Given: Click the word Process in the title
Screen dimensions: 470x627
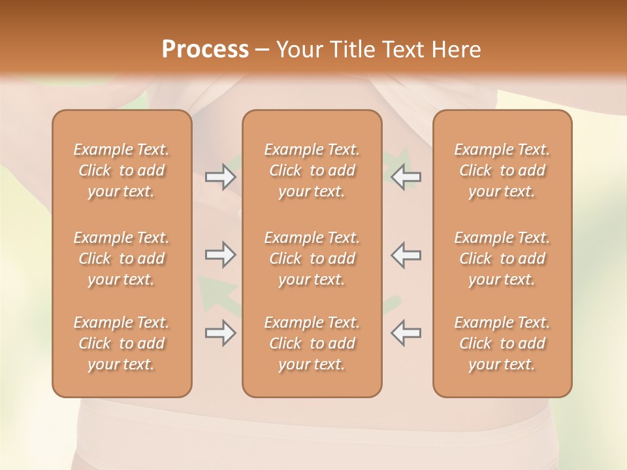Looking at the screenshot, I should click(x=205, y=50).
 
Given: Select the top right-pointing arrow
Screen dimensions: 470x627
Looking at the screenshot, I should click(x=220, y=176).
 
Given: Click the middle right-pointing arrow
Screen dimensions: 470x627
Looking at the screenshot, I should click(x=220, y=255).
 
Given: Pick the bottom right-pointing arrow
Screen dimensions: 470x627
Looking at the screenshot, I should click(x=220, y=333).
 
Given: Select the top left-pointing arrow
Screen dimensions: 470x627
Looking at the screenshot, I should click(x=406, y=176).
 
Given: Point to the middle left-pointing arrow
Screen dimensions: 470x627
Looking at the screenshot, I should click(x=406, y=255).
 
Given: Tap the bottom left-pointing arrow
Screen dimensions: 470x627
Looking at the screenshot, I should click(x=406, y=333).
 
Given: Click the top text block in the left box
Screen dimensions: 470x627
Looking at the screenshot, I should click(x=121, y=170).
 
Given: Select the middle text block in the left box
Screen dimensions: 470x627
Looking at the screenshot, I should click(x=121, y=258).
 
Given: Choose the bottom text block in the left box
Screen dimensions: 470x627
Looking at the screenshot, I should click(x=121, y=343).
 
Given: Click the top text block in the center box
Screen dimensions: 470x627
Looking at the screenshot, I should click(x=312, y=170).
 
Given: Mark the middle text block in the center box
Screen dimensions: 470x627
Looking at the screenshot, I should click(x=312, y=258).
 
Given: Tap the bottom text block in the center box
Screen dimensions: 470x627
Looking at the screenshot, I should click(x=312, y=343).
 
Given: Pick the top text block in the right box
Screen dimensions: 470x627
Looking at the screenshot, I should click(x=502, y=170).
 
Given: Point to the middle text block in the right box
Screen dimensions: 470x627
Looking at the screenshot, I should click(x=502, y=258).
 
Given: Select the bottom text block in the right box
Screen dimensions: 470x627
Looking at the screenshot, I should click(x=502, y=343).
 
